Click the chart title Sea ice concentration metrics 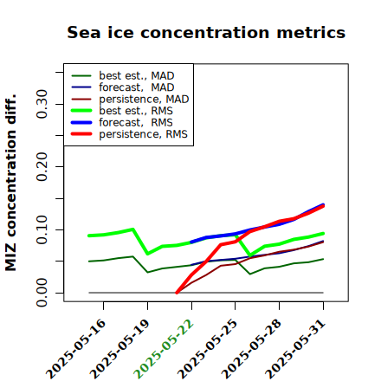click(x=206, y=32)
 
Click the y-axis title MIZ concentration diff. click(x=10, y=183)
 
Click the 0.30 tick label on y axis click(x=42, y=104)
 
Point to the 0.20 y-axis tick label click(x=42, y=167)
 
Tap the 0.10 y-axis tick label click(x=42, y=229)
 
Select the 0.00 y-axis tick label click(x=42, y=293)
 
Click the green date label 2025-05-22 click(x=164, y=349)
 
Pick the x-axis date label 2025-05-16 click(x=75, y=349)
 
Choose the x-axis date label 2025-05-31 click(x=295, y=349)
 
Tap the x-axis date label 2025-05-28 click(x=251, y=349)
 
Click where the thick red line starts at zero click(x=177, y=293)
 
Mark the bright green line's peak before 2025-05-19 click(x=132, y=229)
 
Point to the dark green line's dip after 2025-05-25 click(x=250, y=274)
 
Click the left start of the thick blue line click(x=191, y=242)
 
